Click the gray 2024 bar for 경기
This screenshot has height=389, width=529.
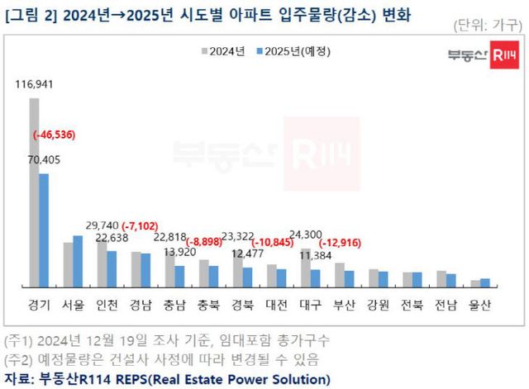(x=35, y=192)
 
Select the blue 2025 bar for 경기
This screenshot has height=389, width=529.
(x=44, y=230)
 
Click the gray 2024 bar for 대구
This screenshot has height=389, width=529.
(x=305, y=267)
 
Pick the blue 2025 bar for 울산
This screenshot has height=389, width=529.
(x=485, y=282)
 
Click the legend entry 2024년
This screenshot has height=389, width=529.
(x=223, y=51)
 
